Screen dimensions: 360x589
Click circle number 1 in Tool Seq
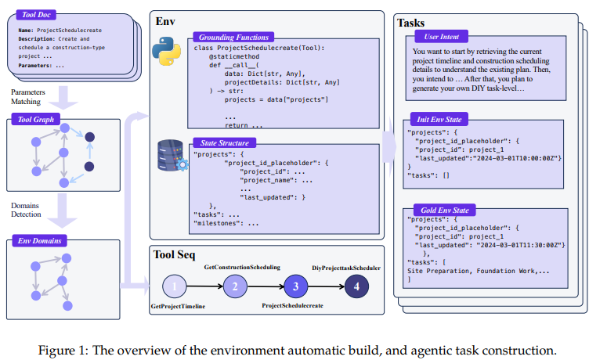pos(176,286)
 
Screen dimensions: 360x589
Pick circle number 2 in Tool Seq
pos(234,286)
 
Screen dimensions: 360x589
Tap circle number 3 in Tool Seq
pos(296,286)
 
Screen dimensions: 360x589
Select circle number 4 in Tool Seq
pos(357,286)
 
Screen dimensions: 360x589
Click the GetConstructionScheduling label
pos(241,268)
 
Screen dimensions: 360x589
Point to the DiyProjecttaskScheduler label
pos(346,268)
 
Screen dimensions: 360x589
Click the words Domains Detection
pos(26,210)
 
